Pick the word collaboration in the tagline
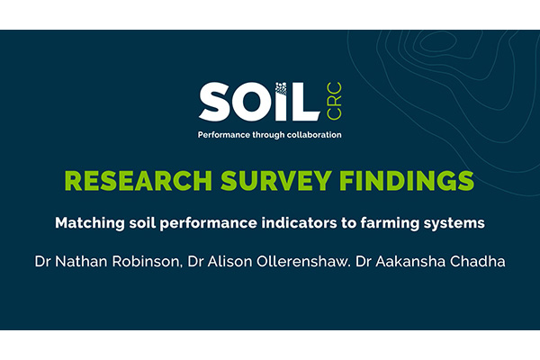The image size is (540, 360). click(x=311, y=135)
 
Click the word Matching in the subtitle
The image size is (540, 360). click(x=86, y=220)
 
